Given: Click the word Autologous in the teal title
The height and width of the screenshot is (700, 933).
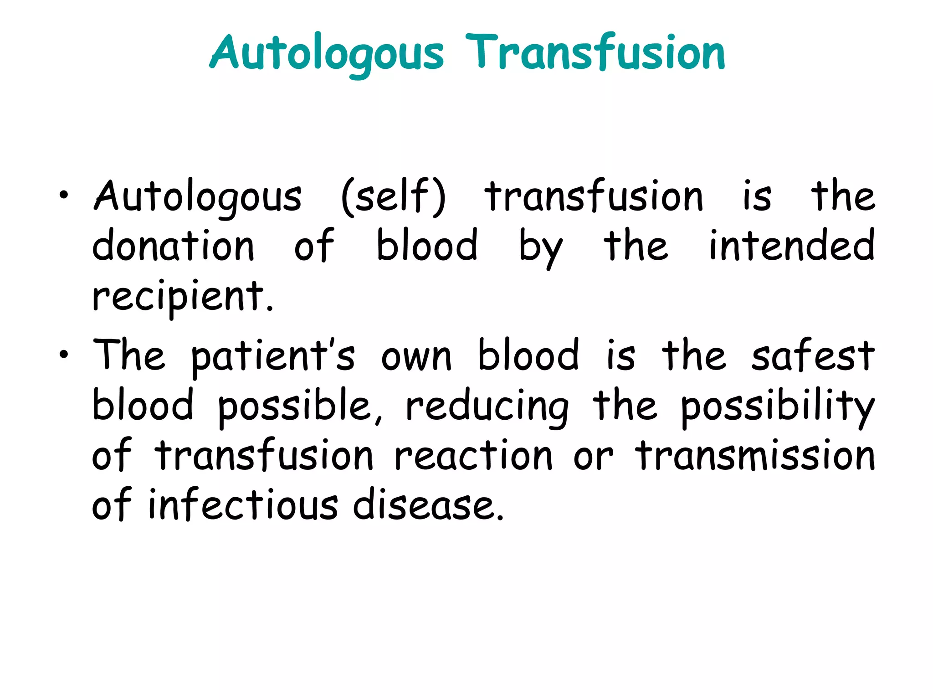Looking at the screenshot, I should (326, 54).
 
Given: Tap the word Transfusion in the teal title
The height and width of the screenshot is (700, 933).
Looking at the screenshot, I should (595, 54).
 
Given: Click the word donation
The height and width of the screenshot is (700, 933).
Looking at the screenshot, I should (173, 246).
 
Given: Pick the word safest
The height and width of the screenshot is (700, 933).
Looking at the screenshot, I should (813, 355).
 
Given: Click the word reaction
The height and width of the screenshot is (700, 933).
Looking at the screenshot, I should (473, 456).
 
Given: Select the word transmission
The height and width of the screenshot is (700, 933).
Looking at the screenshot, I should (755, 456).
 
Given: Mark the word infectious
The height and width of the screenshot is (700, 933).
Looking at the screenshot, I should (243, 505).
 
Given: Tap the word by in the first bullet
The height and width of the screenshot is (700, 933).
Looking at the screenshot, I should (541, 248).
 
